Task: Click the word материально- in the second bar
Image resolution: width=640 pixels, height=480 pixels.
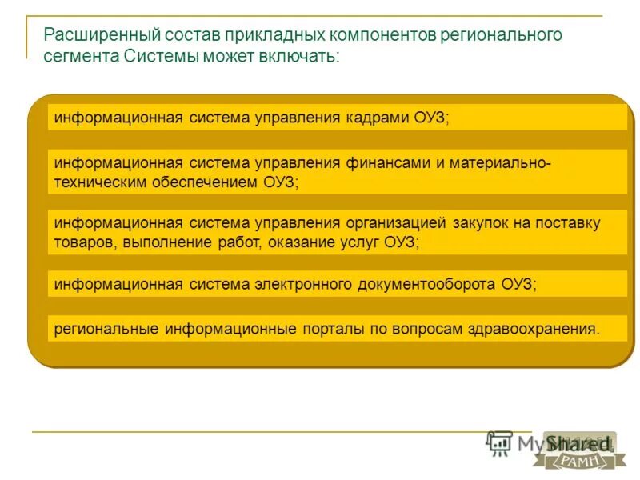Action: (499, 162)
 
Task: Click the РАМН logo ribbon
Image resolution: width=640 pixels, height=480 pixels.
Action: (574, 459)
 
